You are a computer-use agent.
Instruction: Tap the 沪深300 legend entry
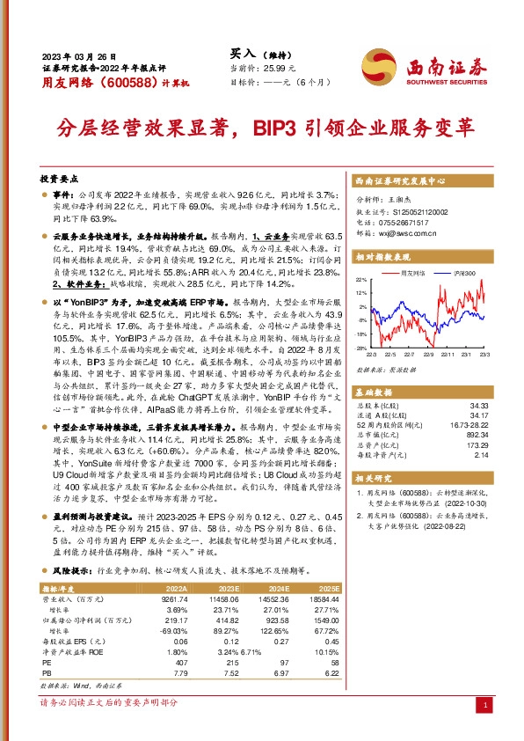463,274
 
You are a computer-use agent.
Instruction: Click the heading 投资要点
58,178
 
